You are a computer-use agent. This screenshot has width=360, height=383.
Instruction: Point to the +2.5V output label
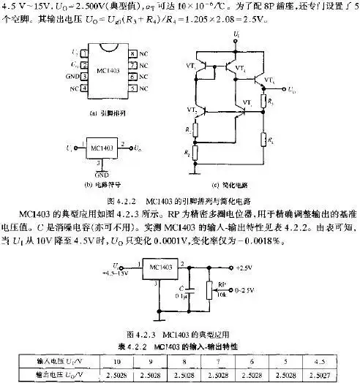(x=244, y=268)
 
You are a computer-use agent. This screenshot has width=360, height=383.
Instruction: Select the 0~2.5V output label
(x=247, y=292)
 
